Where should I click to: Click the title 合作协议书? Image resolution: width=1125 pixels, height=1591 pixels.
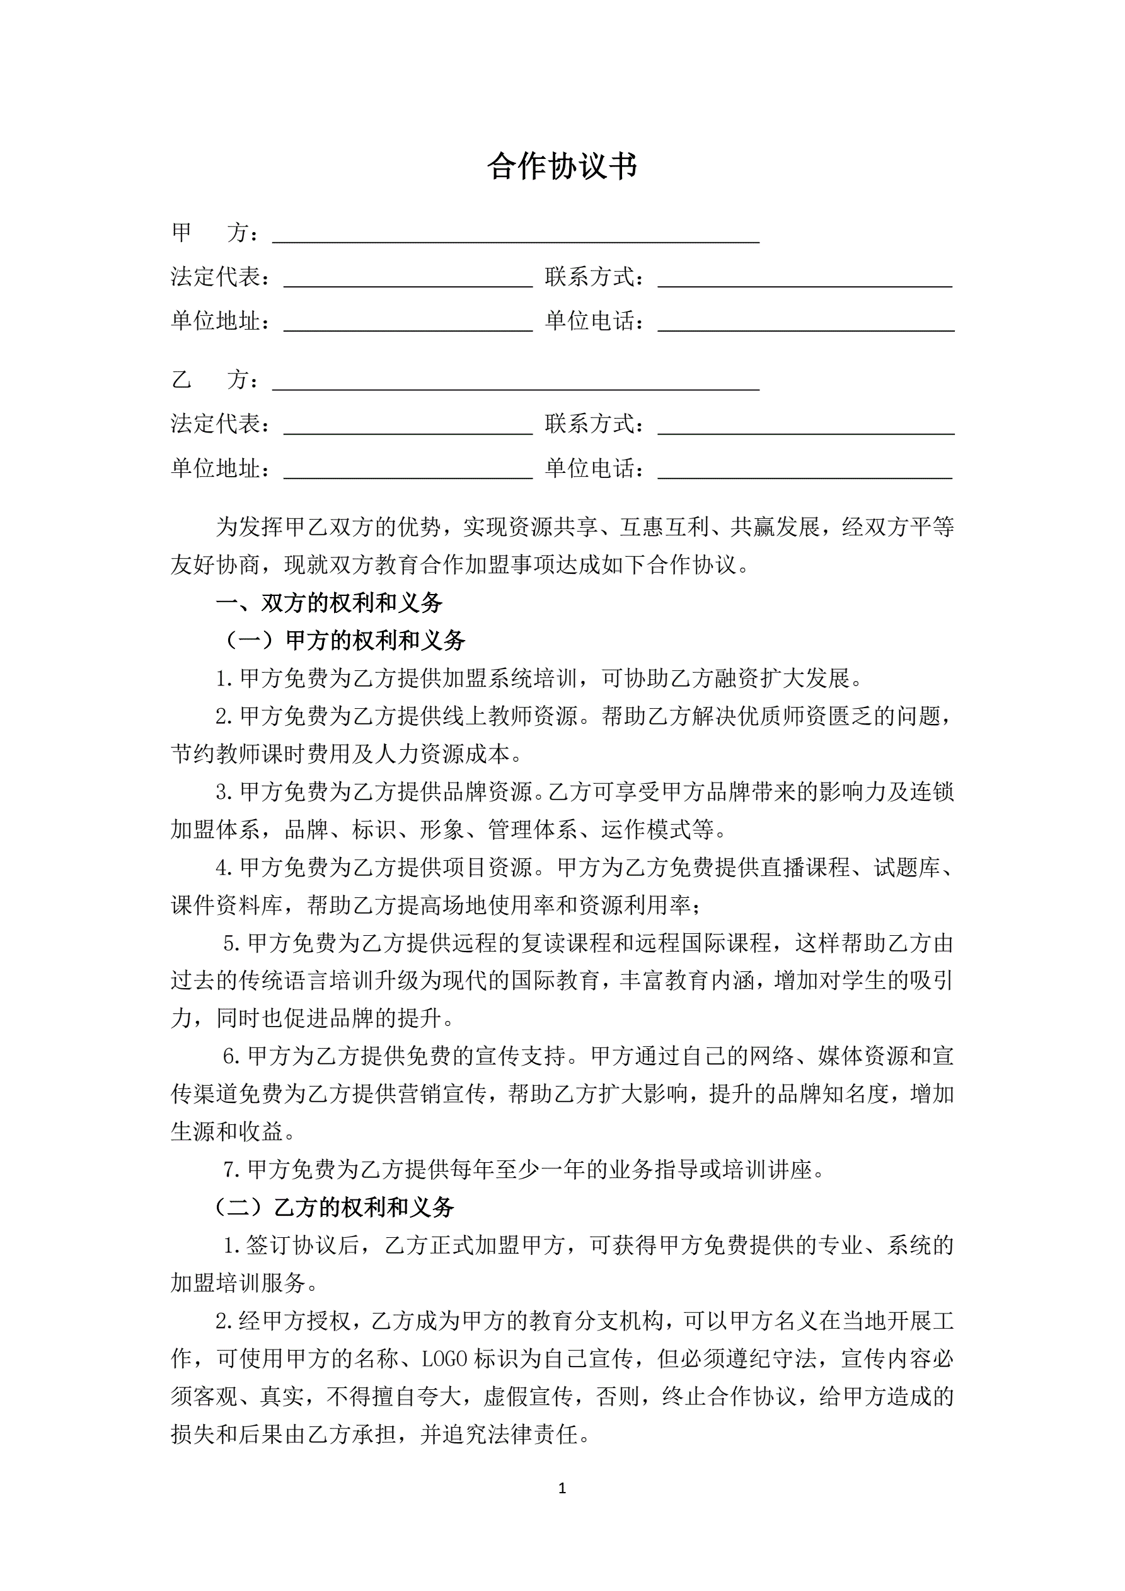562,166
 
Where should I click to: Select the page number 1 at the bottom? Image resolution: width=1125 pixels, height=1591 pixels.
562,1488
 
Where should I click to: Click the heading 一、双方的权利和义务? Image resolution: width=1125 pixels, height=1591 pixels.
329,603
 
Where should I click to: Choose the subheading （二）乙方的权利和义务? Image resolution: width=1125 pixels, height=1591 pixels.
334,1207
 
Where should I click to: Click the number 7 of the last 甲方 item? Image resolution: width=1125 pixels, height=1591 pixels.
231,1170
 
